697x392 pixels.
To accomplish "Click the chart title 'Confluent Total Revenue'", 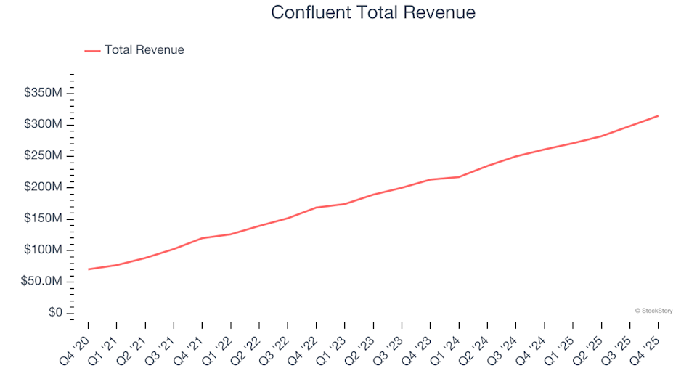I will [x=373, y=12].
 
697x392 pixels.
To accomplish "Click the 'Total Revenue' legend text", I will [x=144, y=50].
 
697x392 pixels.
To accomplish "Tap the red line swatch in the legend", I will [x=92, y=51].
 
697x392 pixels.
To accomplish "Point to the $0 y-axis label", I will [x=54, y=313].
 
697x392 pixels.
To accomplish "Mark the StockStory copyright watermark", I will [x=653, y=311].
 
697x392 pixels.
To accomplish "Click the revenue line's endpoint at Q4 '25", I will [x=658, y=115].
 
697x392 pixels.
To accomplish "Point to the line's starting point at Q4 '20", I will [x=88, y=269].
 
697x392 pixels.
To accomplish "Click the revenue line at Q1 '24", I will [x=459, y=176].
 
